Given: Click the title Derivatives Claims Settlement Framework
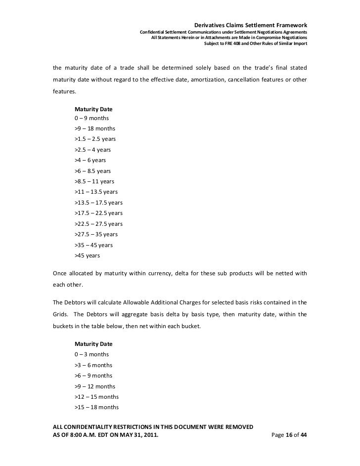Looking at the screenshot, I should coord(251,25).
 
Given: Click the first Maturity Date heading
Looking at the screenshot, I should coord(94,108).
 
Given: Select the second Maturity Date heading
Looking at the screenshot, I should coord(94,343).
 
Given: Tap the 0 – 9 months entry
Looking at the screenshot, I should coord(91,118).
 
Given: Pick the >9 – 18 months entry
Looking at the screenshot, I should coord(94,128).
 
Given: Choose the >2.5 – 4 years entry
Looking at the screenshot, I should coord(92,149).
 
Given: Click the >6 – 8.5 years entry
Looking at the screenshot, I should coord(92,170).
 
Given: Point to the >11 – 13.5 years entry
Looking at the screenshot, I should coord(96,192).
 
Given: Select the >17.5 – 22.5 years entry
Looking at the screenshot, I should coord(98,213).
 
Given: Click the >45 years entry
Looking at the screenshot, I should coord(87,255).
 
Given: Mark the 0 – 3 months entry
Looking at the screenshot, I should coord(91,354).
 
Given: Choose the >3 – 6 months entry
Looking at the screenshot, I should coord(93,365).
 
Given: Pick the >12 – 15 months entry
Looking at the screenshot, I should coord(96,397).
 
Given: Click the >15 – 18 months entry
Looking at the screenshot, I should coord(96,407).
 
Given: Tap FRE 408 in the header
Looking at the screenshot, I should coord(236,43).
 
